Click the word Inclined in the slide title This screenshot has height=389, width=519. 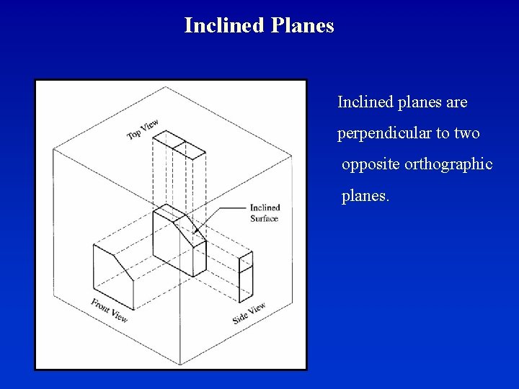(224, 26)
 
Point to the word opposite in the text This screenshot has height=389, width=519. (371, 164)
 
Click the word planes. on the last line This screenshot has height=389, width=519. (365, 196)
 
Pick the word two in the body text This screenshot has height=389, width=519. (467, 133)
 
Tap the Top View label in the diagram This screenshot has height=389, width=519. (143, 130)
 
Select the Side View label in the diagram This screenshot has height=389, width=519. (249, 313)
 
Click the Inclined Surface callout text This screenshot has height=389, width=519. (265, 213)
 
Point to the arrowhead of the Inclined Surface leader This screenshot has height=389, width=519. (195, 232)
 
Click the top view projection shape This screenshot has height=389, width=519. (180, 144)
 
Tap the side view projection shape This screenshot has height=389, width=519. (246, 277)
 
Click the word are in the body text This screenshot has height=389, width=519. (457, 102)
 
